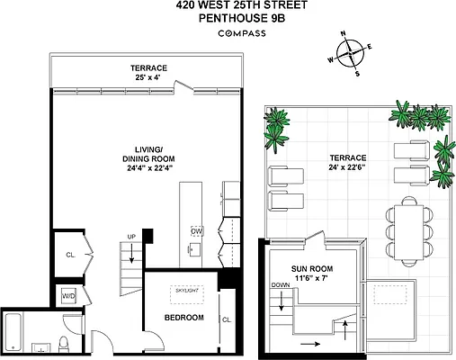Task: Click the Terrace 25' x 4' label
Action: click(147, 72)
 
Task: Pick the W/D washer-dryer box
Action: click(68, 296)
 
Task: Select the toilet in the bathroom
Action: click(61, 345)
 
